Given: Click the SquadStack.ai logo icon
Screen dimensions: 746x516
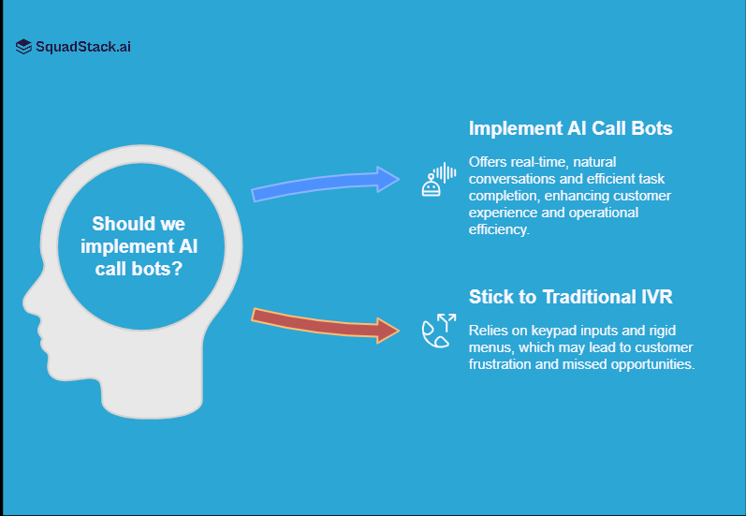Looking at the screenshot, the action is point(23,46).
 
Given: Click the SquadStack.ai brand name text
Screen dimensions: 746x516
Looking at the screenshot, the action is point(83,46).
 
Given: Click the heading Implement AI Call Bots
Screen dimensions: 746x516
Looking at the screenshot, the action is point(570,128).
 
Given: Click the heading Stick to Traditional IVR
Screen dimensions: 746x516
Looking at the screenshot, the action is point(570,297).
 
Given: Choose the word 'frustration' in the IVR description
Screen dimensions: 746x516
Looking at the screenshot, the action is point(503,364).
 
